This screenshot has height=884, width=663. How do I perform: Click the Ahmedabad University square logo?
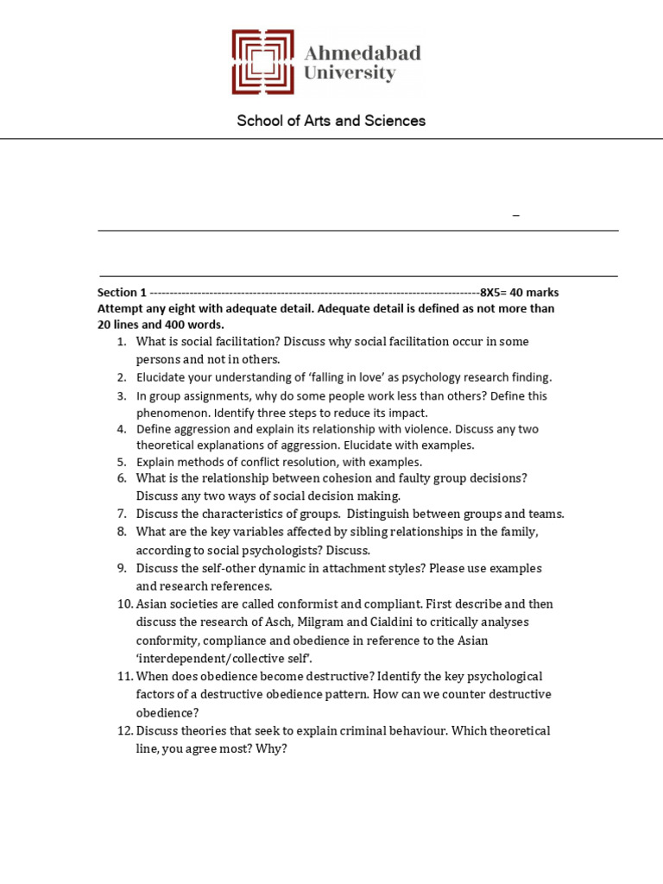[262, 62]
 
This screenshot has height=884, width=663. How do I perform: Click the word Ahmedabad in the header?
[363, 54]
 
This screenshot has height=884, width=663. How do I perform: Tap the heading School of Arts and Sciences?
[331, 121]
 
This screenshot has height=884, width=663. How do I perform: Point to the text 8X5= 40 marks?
[520, 293]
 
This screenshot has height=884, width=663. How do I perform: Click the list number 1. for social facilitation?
[122, 342]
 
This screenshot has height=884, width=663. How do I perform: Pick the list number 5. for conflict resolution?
[122, 462]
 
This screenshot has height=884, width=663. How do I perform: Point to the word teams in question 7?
[546, 514]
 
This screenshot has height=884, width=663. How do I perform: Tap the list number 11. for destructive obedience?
[124, 676]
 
